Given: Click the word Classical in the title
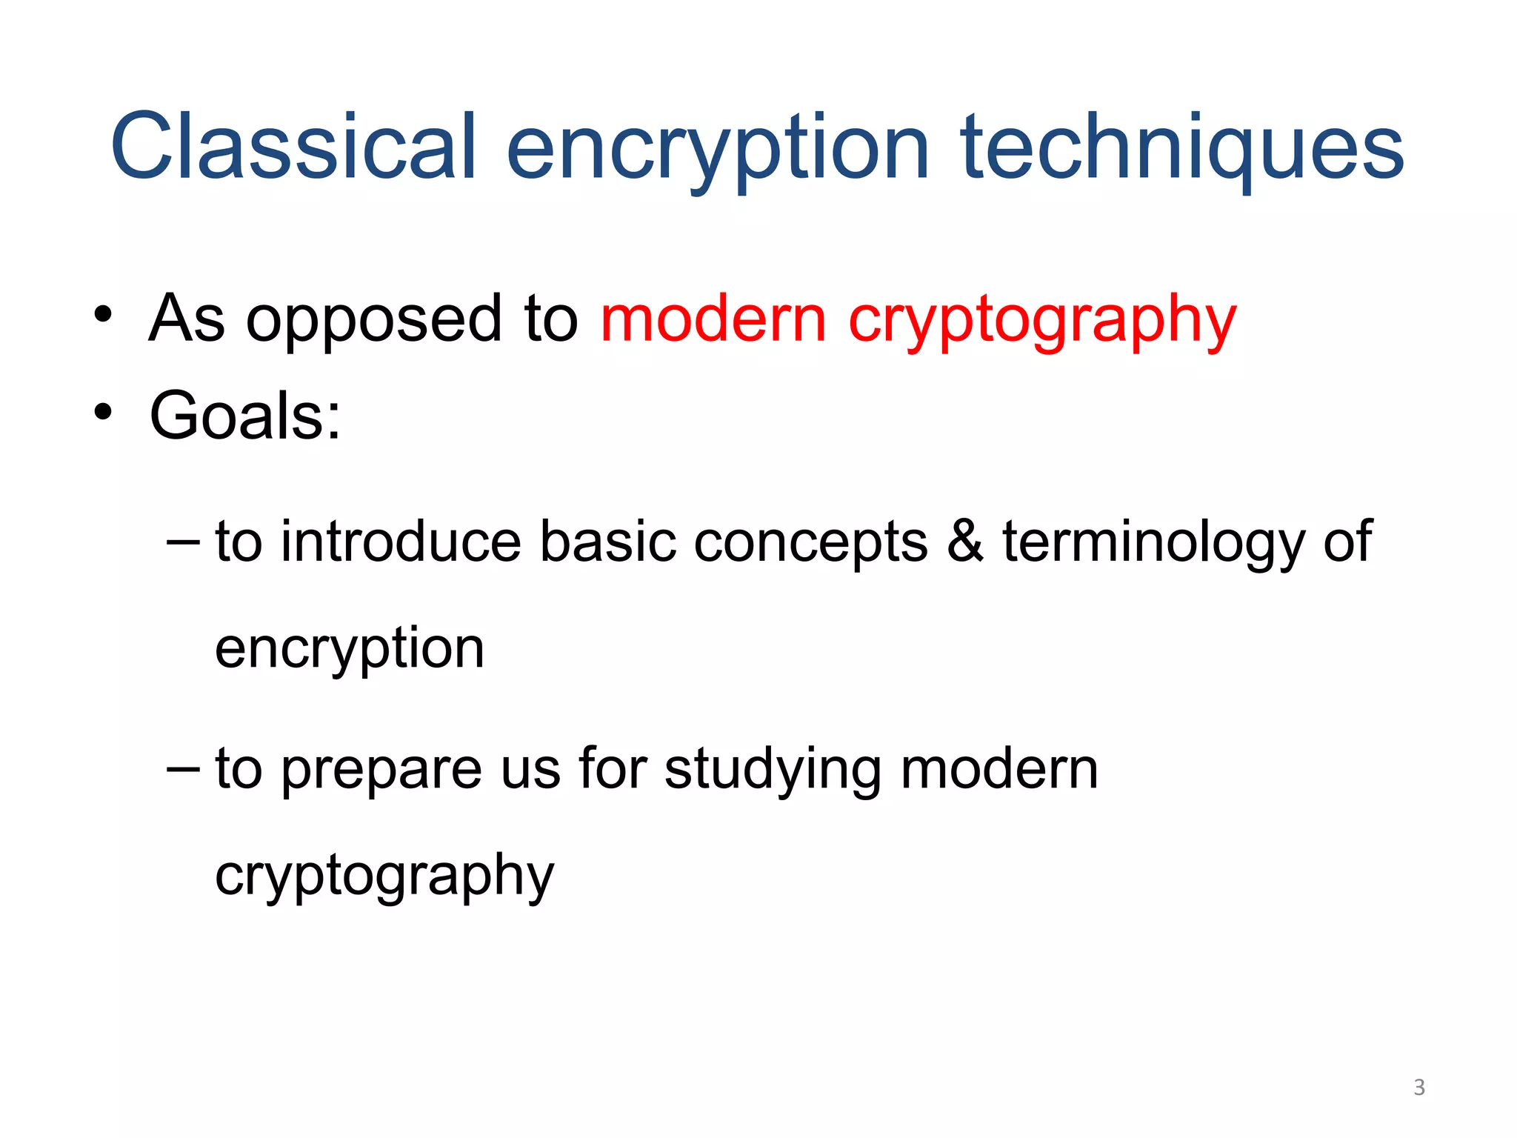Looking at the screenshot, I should click(293, 147).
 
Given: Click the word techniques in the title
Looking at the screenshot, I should click(1182, 147).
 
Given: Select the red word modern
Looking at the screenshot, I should click(713, 319).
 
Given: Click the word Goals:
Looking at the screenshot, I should click(245, 416).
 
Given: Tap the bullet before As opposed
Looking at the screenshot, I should click(103, 316).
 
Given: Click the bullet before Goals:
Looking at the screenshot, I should click(103, 412).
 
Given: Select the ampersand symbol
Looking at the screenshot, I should click(965, 541).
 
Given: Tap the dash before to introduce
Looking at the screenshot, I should click(183, 542).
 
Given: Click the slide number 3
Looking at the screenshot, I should click(1418, 1088).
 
